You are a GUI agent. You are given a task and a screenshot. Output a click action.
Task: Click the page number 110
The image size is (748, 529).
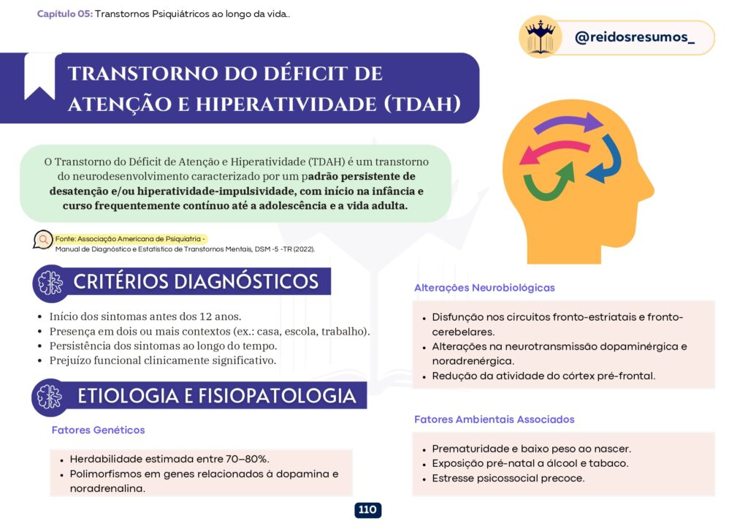(x=367, y=509)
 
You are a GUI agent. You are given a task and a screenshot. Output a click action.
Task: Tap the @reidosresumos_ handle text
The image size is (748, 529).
(x=635, y=37)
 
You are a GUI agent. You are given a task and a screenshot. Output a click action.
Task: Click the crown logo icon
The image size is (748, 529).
(x=540, y=37)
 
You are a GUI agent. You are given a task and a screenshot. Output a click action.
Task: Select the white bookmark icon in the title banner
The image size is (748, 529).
(x=39, y=75)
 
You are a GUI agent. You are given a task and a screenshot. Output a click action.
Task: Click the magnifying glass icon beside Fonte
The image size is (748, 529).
(x=43, y=239)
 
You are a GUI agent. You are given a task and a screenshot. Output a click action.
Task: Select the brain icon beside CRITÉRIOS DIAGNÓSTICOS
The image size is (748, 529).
(x=50, y=283)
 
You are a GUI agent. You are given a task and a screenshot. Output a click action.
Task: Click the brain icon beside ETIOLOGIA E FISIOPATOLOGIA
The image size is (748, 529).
(x=50, y=397)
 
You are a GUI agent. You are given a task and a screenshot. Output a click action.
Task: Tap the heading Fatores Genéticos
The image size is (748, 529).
(x=99, y=430)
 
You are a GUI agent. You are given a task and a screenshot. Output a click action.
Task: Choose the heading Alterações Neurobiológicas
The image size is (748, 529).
(x=484, y=288)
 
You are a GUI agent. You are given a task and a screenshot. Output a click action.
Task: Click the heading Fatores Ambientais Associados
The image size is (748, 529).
(x=495, y=419)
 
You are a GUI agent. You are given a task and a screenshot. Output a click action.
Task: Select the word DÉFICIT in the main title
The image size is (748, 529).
(x=323, y=74)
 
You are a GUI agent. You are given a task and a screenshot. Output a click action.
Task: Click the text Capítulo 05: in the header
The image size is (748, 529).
(x=65, y=14)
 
